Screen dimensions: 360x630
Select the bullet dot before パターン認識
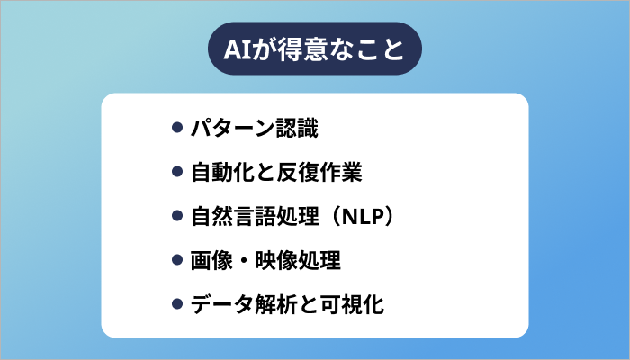(x=177, y=127)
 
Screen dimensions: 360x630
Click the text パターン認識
(x=255, y=127)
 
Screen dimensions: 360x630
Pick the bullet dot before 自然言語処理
(x=177, y=216)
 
